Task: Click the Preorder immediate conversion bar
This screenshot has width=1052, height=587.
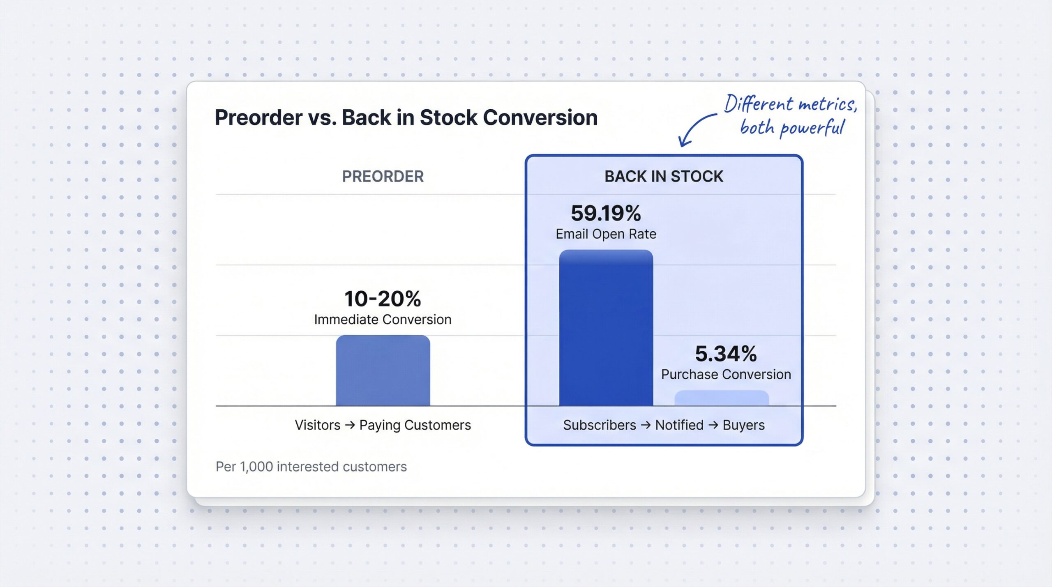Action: [383, 371]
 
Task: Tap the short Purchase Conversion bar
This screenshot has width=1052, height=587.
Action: [722, 398]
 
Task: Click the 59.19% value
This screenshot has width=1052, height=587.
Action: [606, 213]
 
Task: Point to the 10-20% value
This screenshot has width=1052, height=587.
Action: [383, 299]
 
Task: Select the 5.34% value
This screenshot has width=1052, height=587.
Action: [726, 354]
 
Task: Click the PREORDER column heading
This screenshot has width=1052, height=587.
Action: [383, 176]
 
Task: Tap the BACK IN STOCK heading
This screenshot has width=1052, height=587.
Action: [664, 176]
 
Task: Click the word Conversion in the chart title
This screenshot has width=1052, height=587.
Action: [540, 118]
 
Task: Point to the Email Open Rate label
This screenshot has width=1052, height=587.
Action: [606, 234]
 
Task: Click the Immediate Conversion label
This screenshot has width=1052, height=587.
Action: [383, 320]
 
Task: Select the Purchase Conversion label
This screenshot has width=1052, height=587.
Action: [726, 375]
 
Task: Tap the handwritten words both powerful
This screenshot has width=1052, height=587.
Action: [791, 128]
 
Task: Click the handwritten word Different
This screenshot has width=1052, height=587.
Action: [758, 104]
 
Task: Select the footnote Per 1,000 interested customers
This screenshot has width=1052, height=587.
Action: [311, 467]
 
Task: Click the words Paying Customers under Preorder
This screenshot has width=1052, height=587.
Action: [415, 425]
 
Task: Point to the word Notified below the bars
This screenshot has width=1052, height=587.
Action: [679, 425]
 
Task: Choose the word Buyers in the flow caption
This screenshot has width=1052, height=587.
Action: [743, 425]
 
